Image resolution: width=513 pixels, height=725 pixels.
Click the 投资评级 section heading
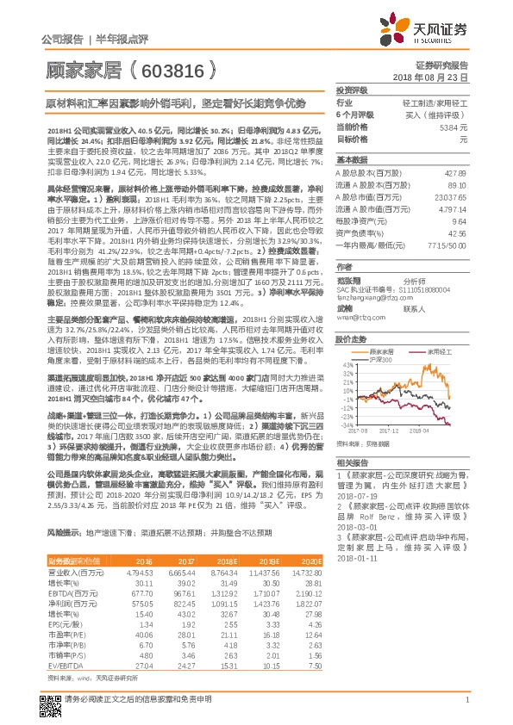click(352, 90)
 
